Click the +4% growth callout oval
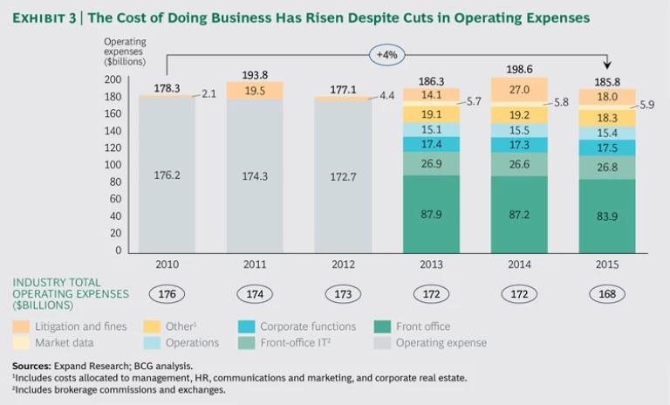pos(386,54)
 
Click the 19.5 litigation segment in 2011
pos(255,90)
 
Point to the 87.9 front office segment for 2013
pos(431,212)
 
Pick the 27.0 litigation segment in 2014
pos(519,89)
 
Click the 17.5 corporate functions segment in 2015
pos(607,148)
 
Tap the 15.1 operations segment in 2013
pos(431,129)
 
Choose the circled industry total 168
pos(607,294)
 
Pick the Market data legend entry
pos(65,343)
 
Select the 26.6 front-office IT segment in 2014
pos(519,164)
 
